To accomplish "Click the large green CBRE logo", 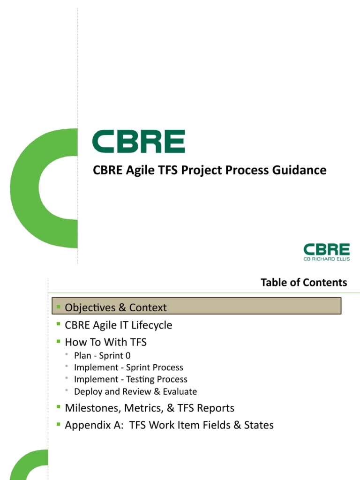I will [138, 142].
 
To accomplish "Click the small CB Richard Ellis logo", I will [326, 252].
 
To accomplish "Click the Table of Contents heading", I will [304, 282].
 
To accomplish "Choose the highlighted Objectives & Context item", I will [116, 307].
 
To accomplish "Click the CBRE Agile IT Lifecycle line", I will [119, 325].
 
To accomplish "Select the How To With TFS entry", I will [105, 342].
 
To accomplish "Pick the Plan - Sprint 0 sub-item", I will [102, 356].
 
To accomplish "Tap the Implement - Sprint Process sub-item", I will [128, 367].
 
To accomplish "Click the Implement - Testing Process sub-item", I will [130, 379].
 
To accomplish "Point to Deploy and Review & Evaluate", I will [135, 391].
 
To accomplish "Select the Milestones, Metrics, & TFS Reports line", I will [150, 408].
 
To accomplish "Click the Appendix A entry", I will [169, 425].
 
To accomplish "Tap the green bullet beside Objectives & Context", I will [59, 307].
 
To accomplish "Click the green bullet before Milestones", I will [59, 407].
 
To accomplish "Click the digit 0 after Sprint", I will [128, 356].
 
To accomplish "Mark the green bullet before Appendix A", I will [59, 424].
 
